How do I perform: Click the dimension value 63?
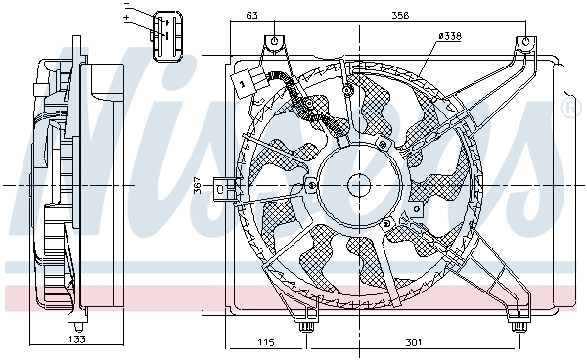click(x=251, y=15)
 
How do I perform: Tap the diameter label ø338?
click(x=449, y=36)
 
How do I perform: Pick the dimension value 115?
click(x=264, y=342)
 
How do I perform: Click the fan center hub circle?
click(x=357, y=183)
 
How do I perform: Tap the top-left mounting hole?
click(x=276, y=41)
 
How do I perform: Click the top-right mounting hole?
click(x=525, y=43)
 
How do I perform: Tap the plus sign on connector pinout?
click(x=126, y=18)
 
